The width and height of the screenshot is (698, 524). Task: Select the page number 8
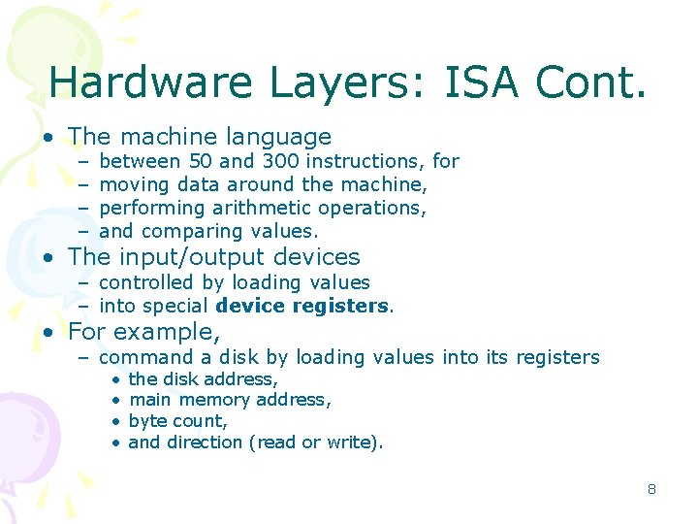651,489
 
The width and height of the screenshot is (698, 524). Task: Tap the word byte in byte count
147,421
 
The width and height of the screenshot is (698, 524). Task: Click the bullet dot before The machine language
48,138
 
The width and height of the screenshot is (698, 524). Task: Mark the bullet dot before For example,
48,332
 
